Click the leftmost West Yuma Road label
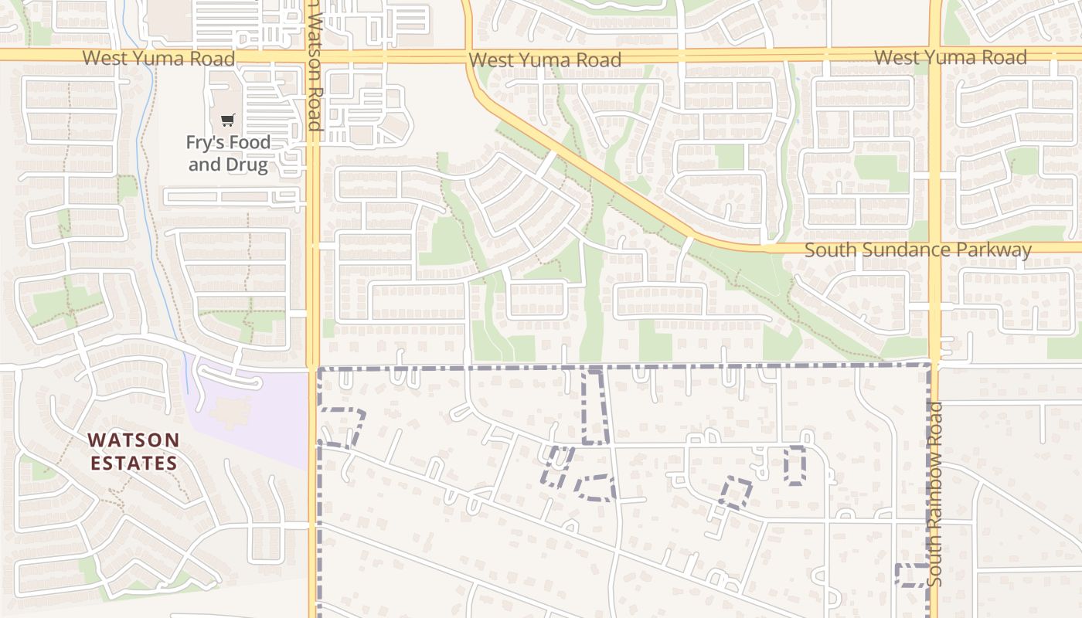tap(158, 58)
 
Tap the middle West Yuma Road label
tap(545, 59)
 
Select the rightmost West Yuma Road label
tap(951, 57)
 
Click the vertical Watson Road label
tap(313, 66)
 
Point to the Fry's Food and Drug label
tap(229, 153)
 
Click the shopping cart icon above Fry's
tap(227, 121)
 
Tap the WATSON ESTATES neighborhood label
tap(133, 451)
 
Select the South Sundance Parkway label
tap(917, 250)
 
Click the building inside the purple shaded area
tap(230, 412)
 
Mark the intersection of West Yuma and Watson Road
tap(313, 56)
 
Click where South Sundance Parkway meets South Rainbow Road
tap(935, 248)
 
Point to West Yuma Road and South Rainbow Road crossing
tap(935, 55)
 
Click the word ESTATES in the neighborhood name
tap(133, 463)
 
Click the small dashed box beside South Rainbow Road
tap(911, 576)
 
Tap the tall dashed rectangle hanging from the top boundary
tap(594, 406)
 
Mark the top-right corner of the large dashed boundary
tap(930, 365)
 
